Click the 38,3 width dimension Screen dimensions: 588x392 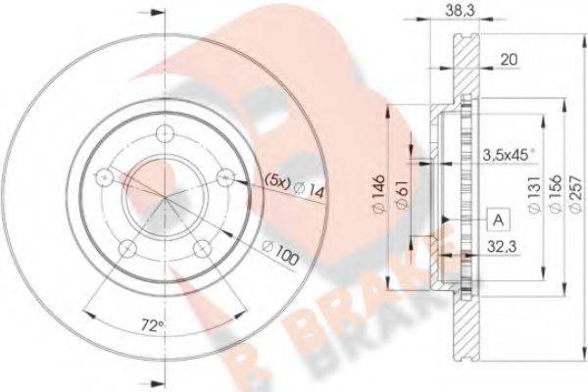point(460,10)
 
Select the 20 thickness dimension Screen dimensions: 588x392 point(509,59)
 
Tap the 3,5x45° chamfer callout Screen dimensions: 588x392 point(509,155)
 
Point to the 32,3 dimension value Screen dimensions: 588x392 point(502,247)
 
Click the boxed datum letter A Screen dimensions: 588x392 point(499,220)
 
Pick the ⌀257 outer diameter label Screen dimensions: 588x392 point(576,194)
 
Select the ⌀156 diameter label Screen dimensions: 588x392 point(556,194)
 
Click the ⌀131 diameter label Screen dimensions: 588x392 point(535,194)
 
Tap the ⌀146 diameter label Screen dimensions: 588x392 point(379,194)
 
